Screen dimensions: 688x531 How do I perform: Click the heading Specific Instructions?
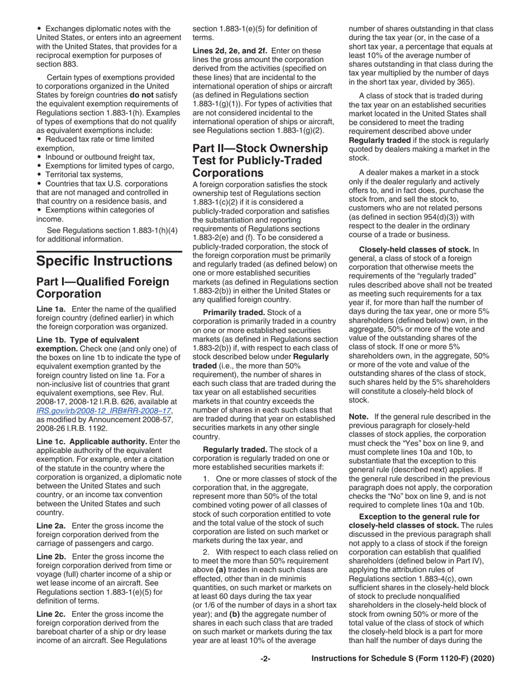pos(105,261)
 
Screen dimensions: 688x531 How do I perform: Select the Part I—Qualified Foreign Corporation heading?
pos(102,288)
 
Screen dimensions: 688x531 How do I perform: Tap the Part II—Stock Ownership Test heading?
pos(260,161)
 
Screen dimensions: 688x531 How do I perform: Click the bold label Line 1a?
pos(51,309)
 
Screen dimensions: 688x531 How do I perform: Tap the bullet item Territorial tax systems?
pos(84,175)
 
